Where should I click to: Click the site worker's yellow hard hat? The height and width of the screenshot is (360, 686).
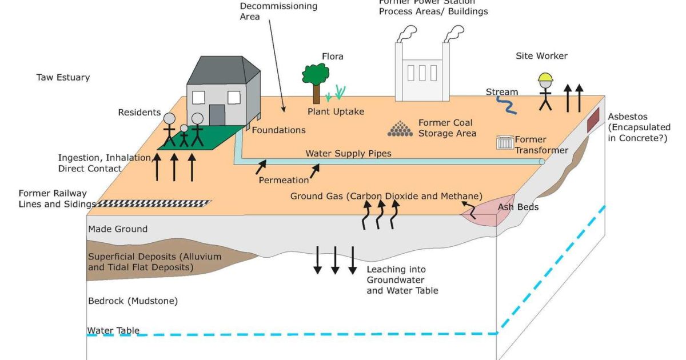pyautogui.click(x=546, y=78)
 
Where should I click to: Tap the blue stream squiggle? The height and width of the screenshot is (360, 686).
pyautogui.click(x=506, y=105)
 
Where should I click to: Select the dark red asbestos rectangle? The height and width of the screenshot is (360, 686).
pyautogui.click(x=594, y=117)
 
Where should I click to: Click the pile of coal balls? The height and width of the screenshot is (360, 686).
pyautogui.click(x=400, y=129)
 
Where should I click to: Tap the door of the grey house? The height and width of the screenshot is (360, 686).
pyautogui.click(x=217, y=115)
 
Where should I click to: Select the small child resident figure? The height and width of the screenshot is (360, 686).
pyautogui.click(x=184, y=136)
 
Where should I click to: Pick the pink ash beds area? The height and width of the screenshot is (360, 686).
pyautogui.click(x=480, y=211)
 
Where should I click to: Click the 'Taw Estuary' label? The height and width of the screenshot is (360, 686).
pyautogui.click(x=63, y=77)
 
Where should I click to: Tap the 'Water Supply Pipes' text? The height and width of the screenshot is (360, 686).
pyautogui.click(x=348, y=154)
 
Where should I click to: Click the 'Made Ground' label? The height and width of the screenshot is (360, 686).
pyautogui.click(x=118, y=229)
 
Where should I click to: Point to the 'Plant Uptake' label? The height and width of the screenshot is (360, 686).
pyautogui.click(x=336, y=111)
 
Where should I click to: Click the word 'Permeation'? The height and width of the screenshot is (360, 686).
pyautogui.click(x=284, y=180)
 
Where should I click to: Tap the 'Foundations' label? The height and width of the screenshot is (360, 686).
pyautogui.click(x=278, y=130)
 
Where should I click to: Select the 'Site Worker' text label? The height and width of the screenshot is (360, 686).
pyautogui.click(x=541, y=56)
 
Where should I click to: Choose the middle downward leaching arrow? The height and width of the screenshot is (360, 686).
pyautogui.click(x=336, y=260)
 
